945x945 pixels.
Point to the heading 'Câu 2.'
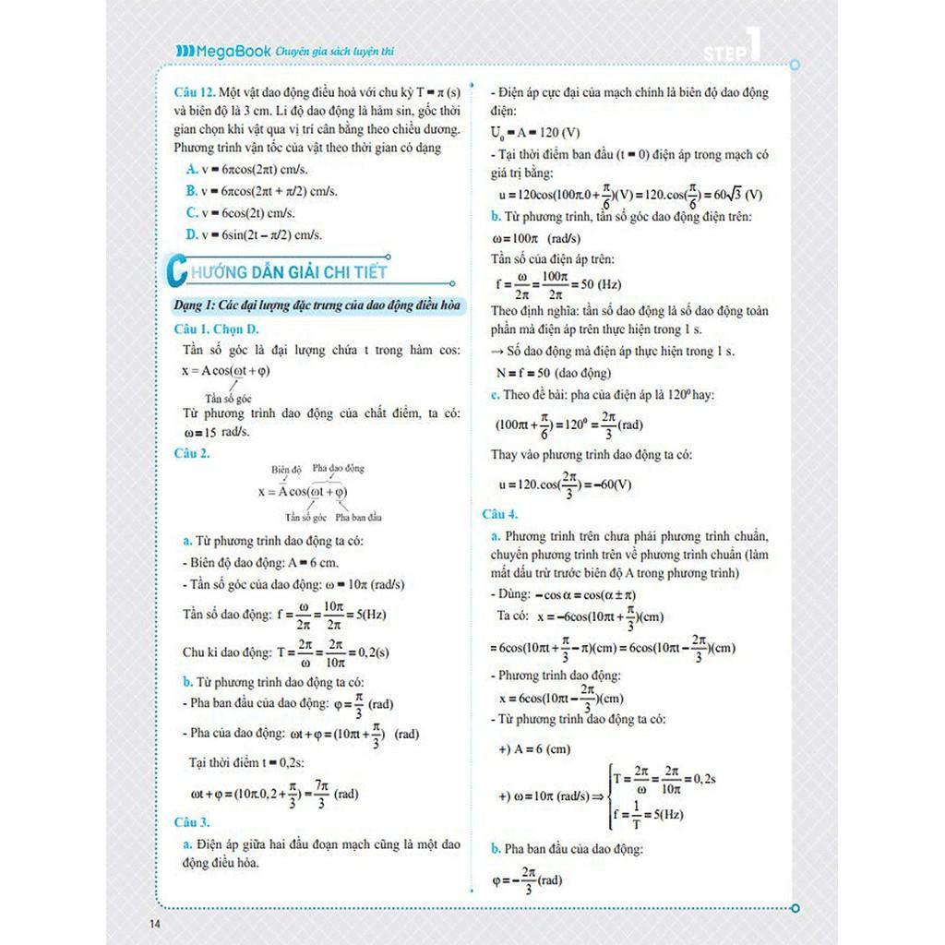[192, 453]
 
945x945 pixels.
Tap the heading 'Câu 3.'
[192, 821]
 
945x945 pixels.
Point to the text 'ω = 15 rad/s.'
[217, 432]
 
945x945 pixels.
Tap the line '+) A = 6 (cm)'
[534, 749]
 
